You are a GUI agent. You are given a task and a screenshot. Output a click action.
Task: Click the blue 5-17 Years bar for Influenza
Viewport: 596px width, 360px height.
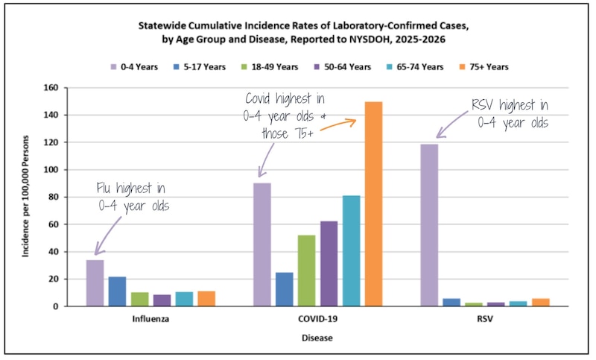point(117,291)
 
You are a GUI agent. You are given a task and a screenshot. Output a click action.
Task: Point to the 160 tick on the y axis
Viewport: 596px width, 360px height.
point(51,88)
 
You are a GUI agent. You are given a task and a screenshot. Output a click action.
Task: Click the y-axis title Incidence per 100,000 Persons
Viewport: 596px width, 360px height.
point(26,197)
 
